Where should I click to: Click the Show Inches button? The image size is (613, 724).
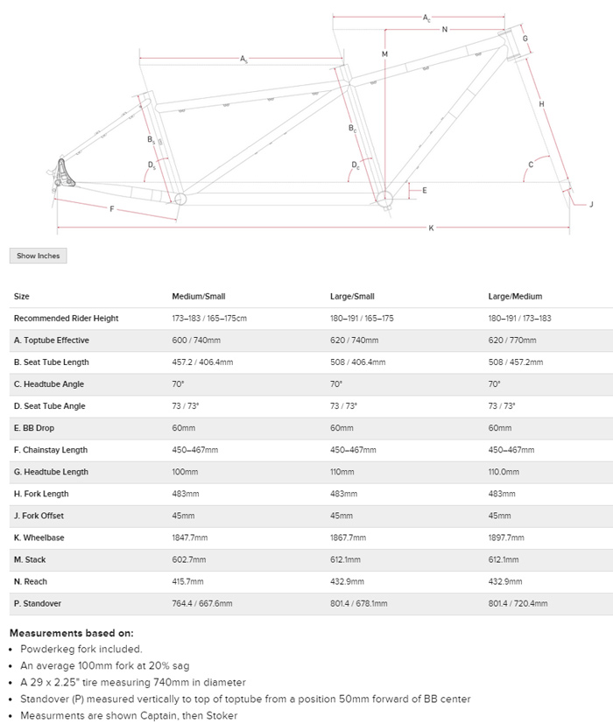38,256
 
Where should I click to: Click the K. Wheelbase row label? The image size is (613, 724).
39,538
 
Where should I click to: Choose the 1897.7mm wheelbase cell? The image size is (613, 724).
505,538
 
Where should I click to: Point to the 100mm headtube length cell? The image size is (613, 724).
184,472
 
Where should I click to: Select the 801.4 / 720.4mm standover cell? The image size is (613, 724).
517,603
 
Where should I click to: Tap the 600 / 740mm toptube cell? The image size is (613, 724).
197,341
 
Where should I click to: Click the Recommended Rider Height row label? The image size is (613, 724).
67,319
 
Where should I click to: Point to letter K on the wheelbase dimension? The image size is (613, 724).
431,228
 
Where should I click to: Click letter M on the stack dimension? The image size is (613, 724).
384,54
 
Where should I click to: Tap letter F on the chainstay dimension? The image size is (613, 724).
111,208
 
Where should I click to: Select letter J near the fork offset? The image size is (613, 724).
591,205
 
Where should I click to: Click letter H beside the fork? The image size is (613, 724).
542,104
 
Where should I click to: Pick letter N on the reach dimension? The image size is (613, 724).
445,30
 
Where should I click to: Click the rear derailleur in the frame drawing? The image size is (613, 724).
64,173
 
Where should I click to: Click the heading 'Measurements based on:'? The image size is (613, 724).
71,632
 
